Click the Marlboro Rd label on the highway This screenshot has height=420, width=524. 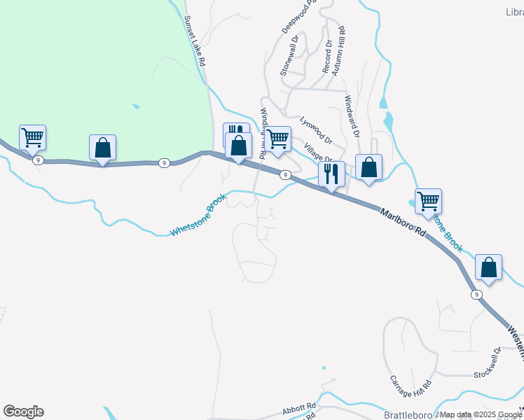click(x=403, y=221)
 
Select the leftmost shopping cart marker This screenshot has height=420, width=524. click(x=32, y=138)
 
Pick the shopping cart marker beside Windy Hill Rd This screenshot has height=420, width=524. click(x=278, y=139)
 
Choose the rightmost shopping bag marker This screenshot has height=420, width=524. click(x=488, y=267)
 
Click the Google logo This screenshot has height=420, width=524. click(x=23, y=412)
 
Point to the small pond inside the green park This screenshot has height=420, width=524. click(x=135, y=106)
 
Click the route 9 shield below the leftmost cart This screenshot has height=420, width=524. click(x=38, y=160)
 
